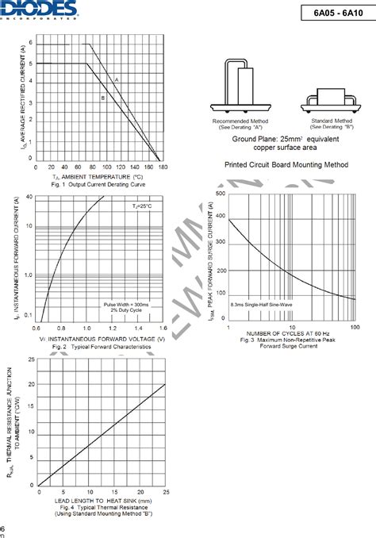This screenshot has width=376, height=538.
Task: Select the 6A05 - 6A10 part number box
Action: coord(336,13)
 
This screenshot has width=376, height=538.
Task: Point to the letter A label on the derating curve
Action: coord(117,80)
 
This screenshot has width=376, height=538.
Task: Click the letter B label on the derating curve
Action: coord(103,97)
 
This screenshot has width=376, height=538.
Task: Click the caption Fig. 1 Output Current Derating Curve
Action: coord(100,184)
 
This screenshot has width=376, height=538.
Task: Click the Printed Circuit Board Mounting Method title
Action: coord(286,164)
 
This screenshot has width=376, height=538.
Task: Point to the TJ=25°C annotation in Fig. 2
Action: coord(143,205)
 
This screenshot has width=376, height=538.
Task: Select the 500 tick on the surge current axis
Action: coord(220,193)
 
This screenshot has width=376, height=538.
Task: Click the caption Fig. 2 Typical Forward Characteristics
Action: coord(101,347)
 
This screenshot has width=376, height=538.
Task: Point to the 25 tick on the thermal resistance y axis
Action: coord(31,359)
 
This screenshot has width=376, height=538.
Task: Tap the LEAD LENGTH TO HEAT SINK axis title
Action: coord(102,501)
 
